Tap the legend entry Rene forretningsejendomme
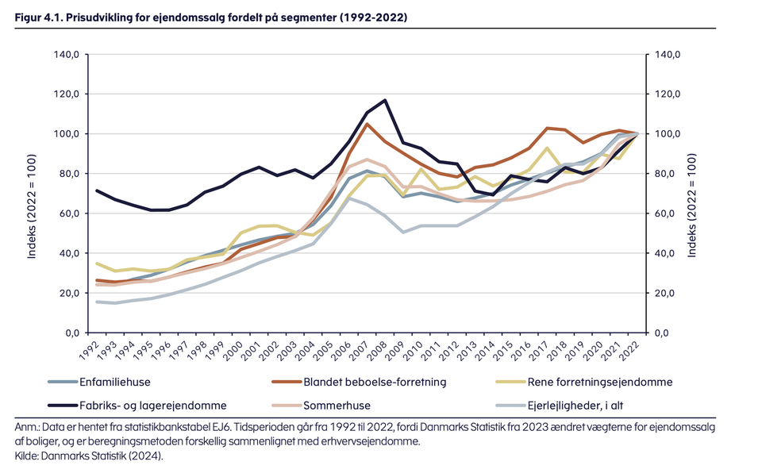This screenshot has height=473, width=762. pyautogui.click(x=606, y=382)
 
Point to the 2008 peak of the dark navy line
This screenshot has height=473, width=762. pyautogui.click(x=385, y=101)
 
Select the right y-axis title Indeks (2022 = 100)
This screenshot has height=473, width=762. pyautogui.click(x=693, y=194)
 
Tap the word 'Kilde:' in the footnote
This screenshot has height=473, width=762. pyautogui.click(x=29, y=456)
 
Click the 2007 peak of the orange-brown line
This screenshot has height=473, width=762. pyautogui.click(x=367, y=124)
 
